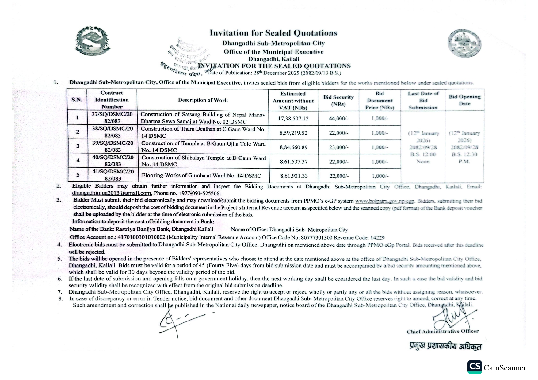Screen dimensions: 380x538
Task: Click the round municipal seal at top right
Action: click(x=464, y=44)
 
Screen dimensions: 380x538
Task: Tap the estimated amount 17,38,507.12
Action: click(x=293, y=118)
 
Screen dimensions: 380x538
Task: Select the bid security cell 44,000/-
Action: click(x=338, y=118)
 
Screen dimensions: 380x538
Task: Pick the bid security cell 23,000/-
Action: click(x=339, y=147)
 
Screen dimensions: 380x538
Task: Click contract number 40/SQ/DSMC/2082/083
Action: click(x=113, y=161)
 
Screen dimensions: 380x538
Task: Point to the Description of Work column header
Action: click(x=203, y=100)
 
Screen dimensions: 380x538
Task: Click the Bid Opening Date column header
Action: click(x=464, y=100)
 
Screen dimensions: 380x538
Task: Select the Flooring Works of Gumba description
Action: click(x=201, y=176)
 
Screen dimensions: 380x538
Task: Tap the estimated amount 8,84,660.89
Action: click(x=293, y=147)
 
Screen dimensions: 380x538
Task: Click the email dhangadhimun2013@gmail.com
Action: click(x=111, y=193)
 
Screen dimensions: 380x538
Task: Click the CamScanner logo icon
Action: click(x=474, y=367)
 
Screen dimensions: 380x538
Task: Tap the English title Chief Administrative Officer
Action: click(x=442, y=331)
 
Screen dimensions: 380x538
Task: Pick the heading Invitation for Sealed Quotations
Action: click(x=273, y=33)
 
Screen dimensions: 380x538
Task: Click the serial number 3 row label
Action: click(x=78, y=146)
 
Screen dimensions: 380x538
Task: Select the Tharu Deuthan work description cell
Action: click(x=203, y=132)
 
